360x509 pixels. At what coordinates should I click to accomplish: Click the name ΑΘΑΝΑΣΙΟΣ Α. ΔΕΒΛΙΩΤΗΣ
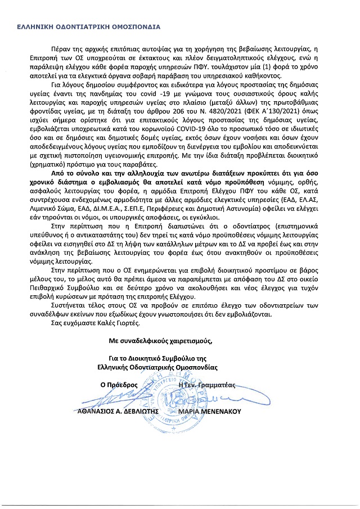click(119, 411)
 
